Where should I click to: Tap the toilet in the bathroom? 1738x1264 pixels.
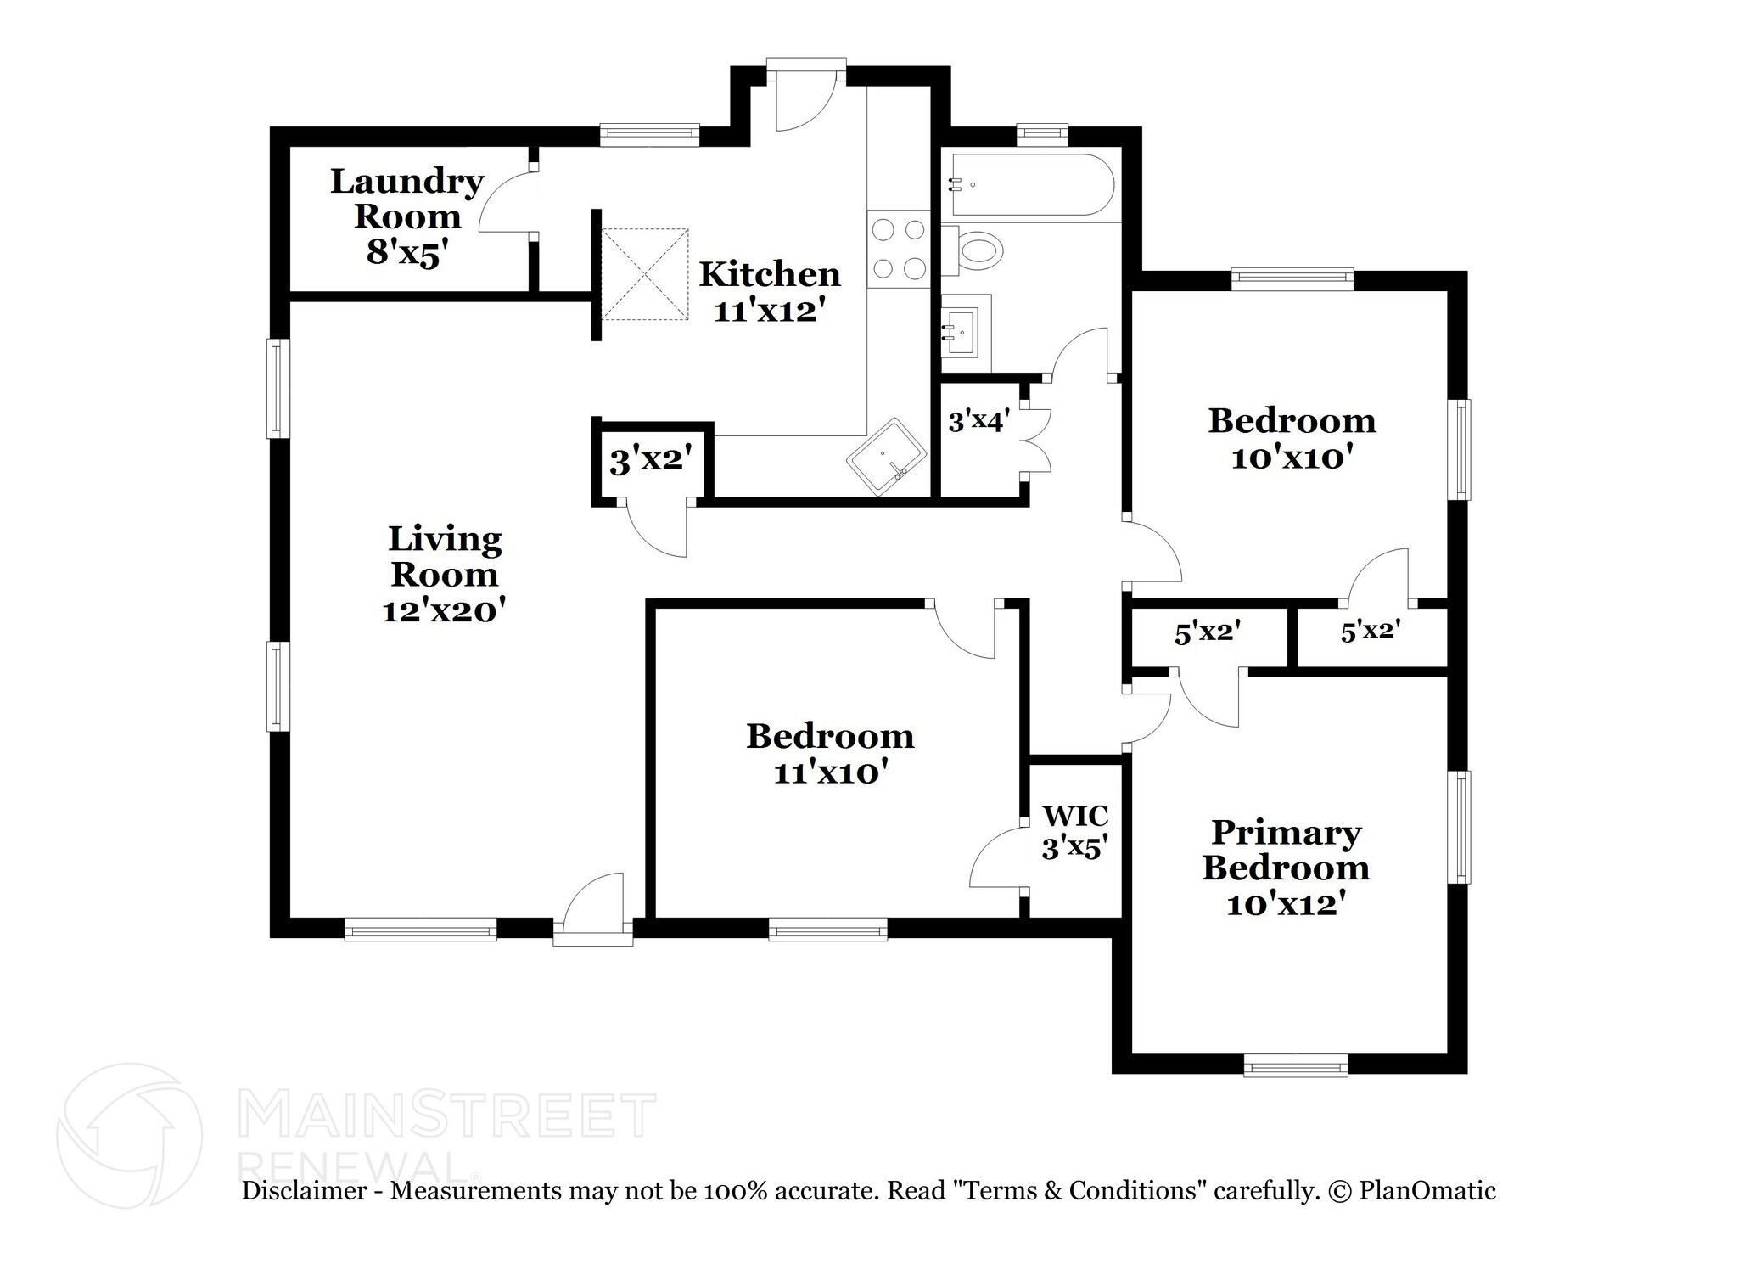976,250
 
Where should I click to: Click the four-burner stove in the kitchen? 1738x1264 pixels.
899,249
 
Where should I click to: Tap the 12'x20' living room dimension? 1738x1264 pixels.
444,610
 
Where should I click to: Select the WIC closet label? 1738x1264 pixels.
1075,816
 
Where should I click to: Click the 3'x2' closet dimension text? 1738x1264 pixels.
652,461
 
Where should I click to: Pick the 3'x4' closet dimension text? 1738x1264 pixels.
978,420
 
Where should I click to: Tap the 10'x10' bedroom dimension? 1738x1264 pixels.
1291,458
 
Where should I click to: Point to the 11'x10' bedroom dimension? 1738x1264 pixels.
830,773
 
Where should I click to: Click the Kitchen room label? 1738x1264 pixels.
769,274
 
